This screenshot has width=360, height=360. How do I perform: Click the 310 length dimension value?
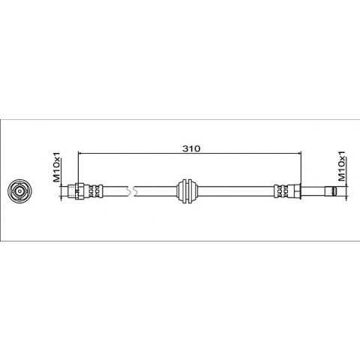click(x=191, y=148)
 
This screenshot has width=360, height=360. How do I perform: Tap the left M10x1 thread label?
click(x=56, y=166)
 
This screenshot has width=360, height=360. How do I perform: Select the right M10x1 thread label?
click(x=341, y=166)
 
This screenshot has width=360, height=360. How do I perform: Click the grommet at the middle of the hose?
click(x=187, y=191)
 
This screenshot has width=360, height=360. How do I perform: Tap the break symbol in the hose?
click(x=130, y=191)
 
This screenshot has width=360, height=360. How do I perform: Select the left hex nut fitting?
click(x=79, y=191)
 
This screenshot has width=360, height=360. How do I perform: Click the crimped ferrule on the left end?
click(x=93, y=191)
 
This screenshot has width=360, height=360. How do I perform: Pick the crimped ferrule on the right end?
click(x=284, y=191)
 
